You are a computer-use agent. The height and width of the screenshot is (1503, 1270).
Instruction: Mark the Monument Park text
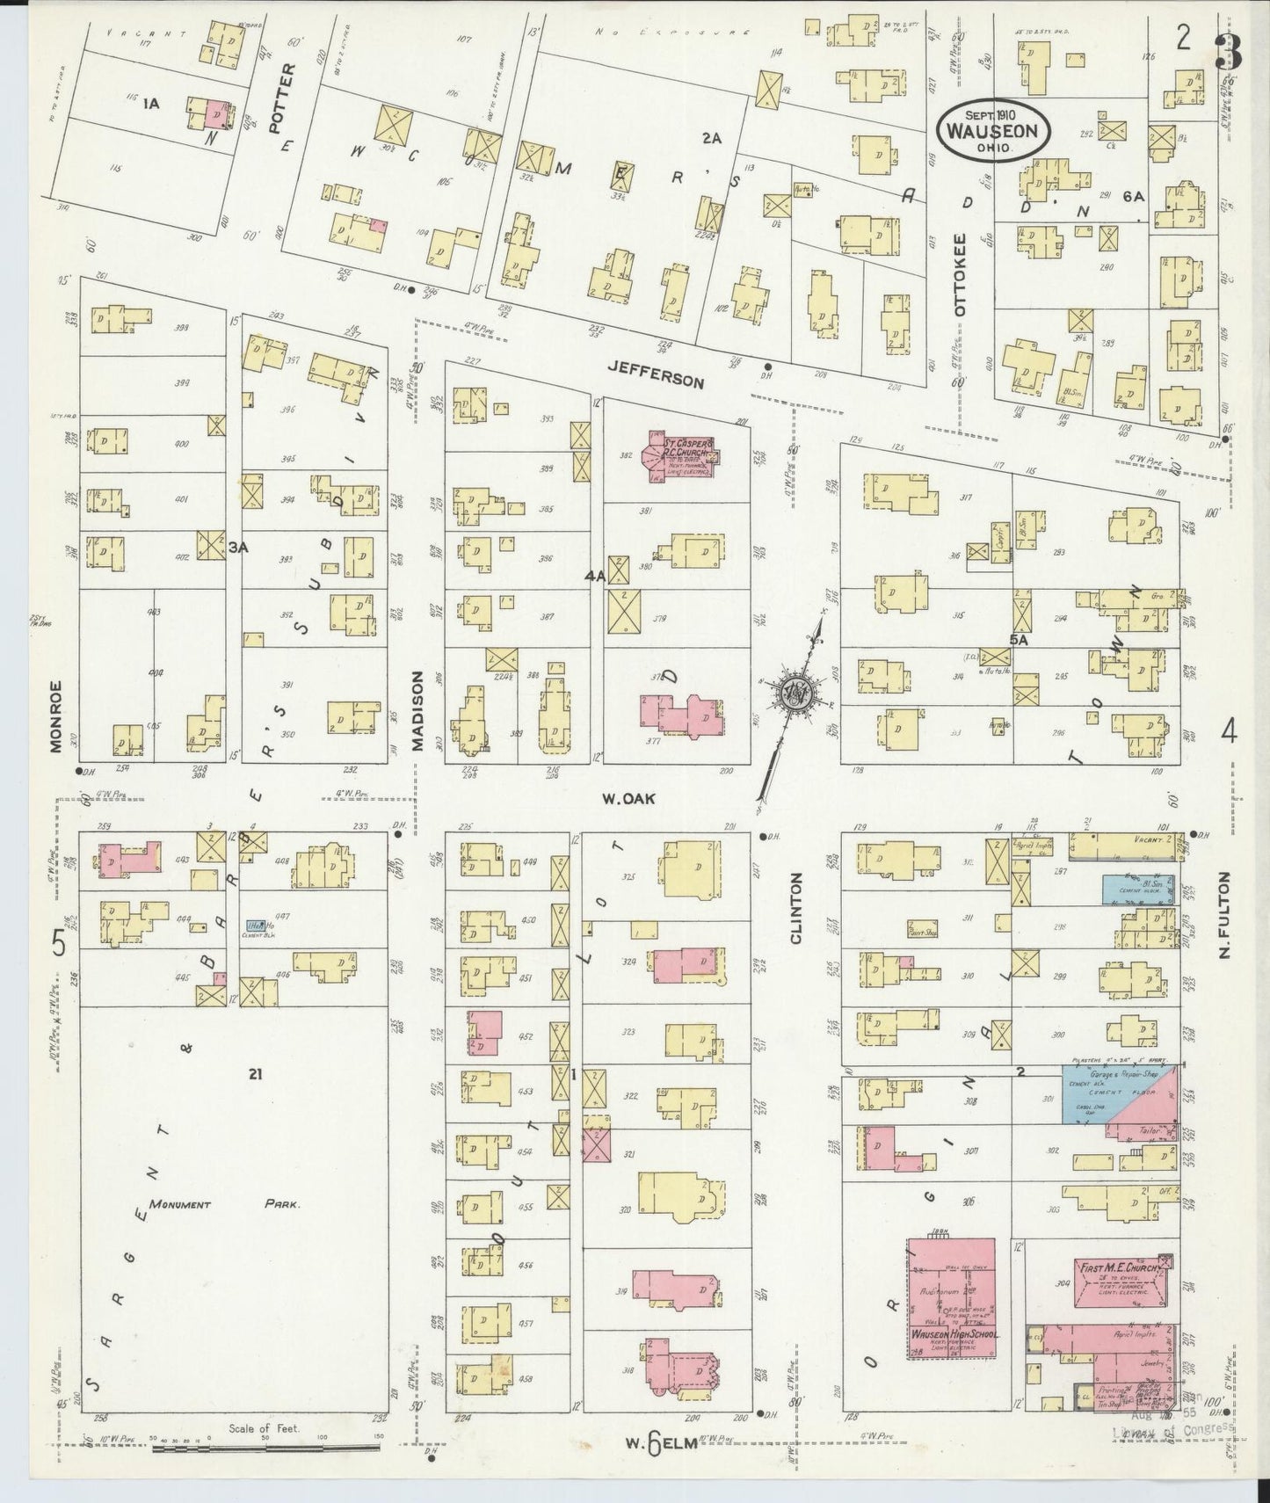(224, 1204)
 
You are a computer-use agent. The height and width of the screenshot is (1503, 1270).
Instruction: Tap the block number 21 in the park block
(255, 1071)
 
